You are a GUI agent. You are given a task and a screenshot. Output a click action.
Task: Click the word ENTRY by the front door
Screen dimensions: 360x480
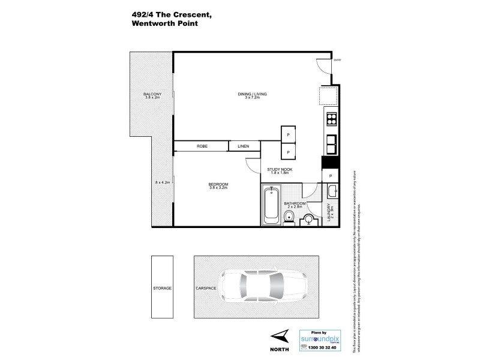click(x=337, y=58)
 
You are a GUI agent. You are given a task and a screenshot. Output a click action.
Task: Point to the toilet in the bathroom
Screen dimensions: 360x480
click(x=289, y=218)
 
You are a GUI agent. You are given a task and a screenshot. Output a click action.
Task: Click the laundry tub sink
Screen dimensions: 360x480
click(x=331, y=191)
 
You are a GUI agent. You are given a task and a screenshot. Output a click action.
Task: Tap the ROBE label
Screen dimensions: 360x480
click(x=202, y=146)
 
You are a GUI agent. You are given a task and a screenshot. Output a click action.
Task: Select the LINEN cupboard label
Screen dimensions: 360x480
click(x=244, y=146)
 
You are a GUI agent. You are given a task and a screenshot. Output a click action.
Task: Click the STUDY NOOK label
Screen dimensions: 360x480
click(x=280, y=170)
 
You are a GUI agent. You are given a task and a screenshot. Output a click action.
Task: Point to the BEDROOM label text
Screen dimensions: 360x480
click(x=218, y=184)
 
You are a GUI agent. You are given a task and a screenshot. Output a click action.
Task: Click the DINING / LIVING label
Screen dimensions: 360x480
click(x=252, y=94)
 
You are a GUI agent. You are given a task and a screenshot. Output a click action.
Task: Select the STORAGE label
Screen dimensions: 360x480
click(x=163, y=288)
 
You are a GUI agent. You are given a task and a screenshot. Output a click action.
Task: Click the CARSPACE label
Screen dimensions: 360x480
click(x=205, y=288)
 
